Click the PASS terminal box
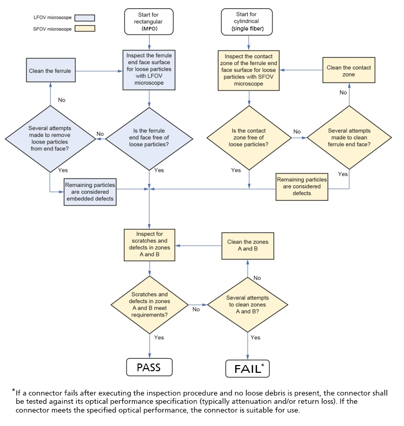coord(149,368)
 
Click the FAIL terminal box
coord(248,369)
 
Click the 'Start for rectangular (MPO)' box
coord(149,22)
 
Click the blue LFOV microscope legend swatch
coord(85,18)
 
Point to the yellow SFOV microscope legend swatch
coord(85,28)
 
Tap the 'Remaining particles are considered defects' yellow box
coord(301,186)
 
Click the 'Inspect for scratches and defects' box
coord(149,245)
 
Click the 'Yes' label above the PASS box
coord(159,337)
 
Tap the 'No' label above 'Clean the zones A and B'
coord(257,278)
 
